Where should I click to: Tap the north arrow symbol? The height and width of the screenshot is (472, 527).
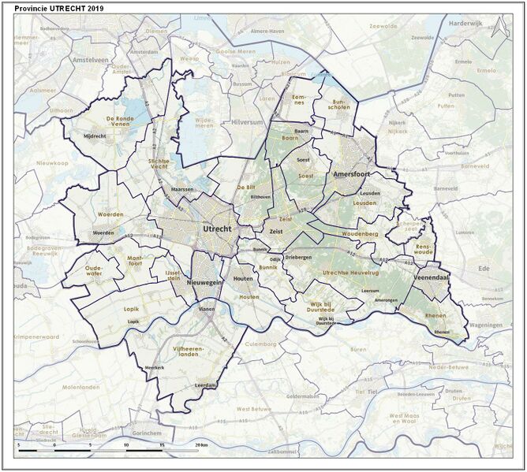coord(497,30)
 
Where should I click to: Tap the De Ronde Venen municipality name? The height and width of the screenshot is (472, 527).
coord(107,121)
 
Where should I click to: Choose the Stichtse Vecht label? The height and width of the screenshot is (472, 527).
coord(165,164)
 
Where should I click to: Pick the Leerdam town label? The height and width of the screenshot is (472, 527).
coord(204,385)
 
